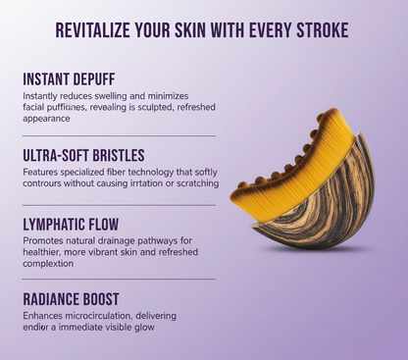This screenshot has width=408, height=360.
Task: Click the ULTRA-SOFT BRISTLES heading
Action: coord(84,155)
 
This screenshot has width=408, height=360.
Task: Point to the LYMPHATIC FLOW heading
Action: coord(72,225)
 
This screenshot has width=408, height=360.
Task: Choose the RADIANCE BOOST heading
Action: coord(72,297)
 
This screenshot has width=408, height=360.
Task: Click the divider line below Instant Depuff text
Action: coord(118,135)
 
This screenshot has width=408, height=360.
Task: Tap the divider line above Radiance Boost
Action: coord(118,279)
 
